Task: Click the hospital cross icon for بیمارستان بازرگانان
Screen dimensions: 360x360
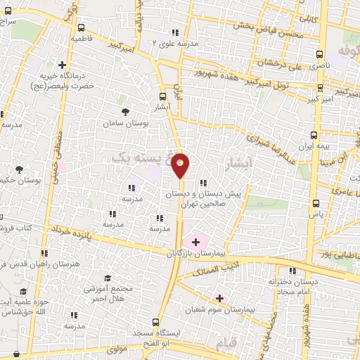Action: point(195,241)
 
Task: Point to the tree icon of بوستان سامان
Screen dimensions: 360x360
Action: point(125,112)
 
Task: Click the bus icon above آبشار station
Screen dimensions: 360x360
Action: point(163,97)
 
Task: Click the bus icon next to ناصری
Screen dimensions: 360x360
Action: point(320,53)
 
